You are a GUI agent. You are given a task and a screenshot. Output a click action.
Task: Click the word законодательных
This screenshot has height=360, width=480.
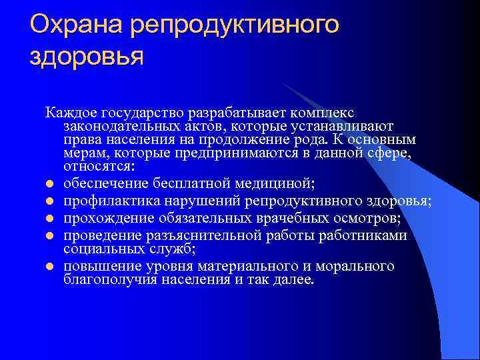(121, 127)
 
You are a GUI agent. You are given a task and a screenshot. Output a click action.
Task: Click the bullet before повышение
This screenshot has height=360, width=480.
(49, 267)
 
